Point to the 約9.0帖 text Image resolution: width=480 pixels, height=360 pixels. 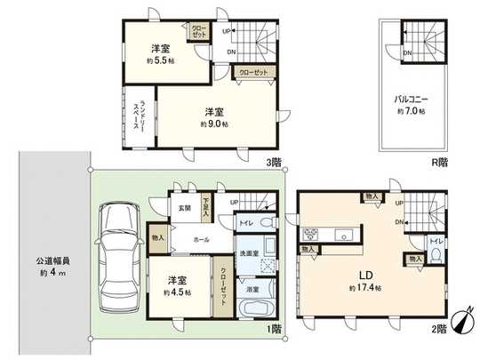213,118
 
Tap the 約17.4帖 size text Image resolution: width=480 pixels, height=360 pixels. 365,290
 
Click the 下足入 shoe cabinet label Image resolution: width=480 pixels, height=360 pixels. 205,205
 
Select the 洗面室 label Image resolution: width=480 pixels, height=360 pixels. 252,254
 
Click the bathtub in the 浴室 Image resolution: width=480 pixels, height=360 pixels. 257,309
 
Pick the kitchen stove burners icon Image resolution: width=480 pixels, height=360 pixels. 311,235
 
